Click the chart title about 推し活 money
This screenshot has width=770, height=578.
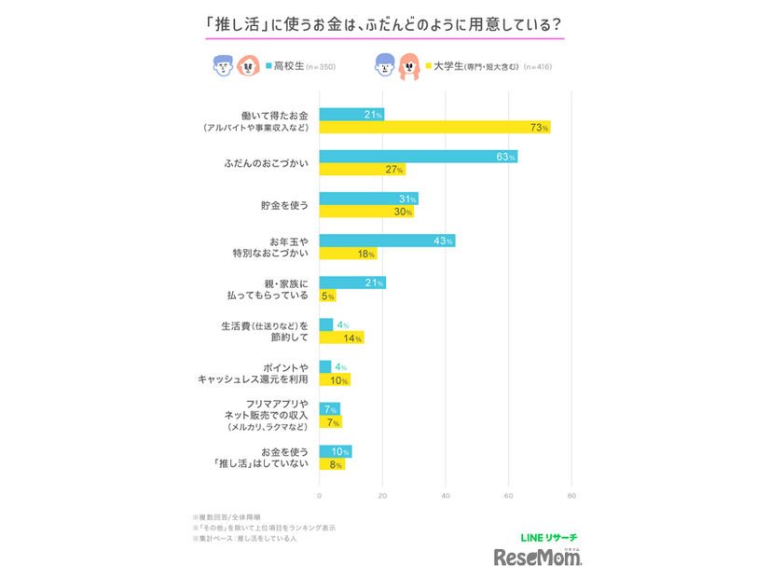(383, 24)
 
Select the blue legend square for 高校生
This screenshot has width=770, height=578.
(269, 66)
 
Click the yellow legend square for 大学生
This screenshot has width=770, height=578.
(429, 66)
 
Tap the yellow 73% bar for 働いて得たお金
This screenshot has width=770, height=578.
(434, 127)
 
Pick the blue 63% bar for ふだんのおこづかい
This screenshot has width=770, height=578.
(418, 157)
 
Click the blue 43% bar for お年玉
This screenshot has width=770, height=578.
(387, 241)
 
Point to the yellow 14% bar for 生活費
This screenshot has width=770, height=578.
(341, 337)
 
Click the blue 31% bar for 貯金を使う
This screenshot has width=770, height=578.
(368, 199)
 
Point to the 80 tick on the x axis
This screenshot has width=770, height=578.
(571, 495)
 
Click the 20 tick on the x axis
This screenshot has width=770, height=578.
(382, 495)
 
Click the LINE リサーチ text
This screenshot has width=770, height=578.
(547, 537)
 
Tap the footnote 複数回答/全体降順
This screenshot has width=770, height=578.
(227, 516)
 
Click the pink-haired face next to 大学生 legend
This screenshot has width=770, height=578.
(407, 65)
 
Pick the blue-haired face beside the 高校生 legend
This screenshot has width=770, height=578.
(221, 65)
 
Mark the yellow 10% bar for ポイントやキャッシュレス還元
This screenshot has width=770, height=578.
(335, 379)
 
